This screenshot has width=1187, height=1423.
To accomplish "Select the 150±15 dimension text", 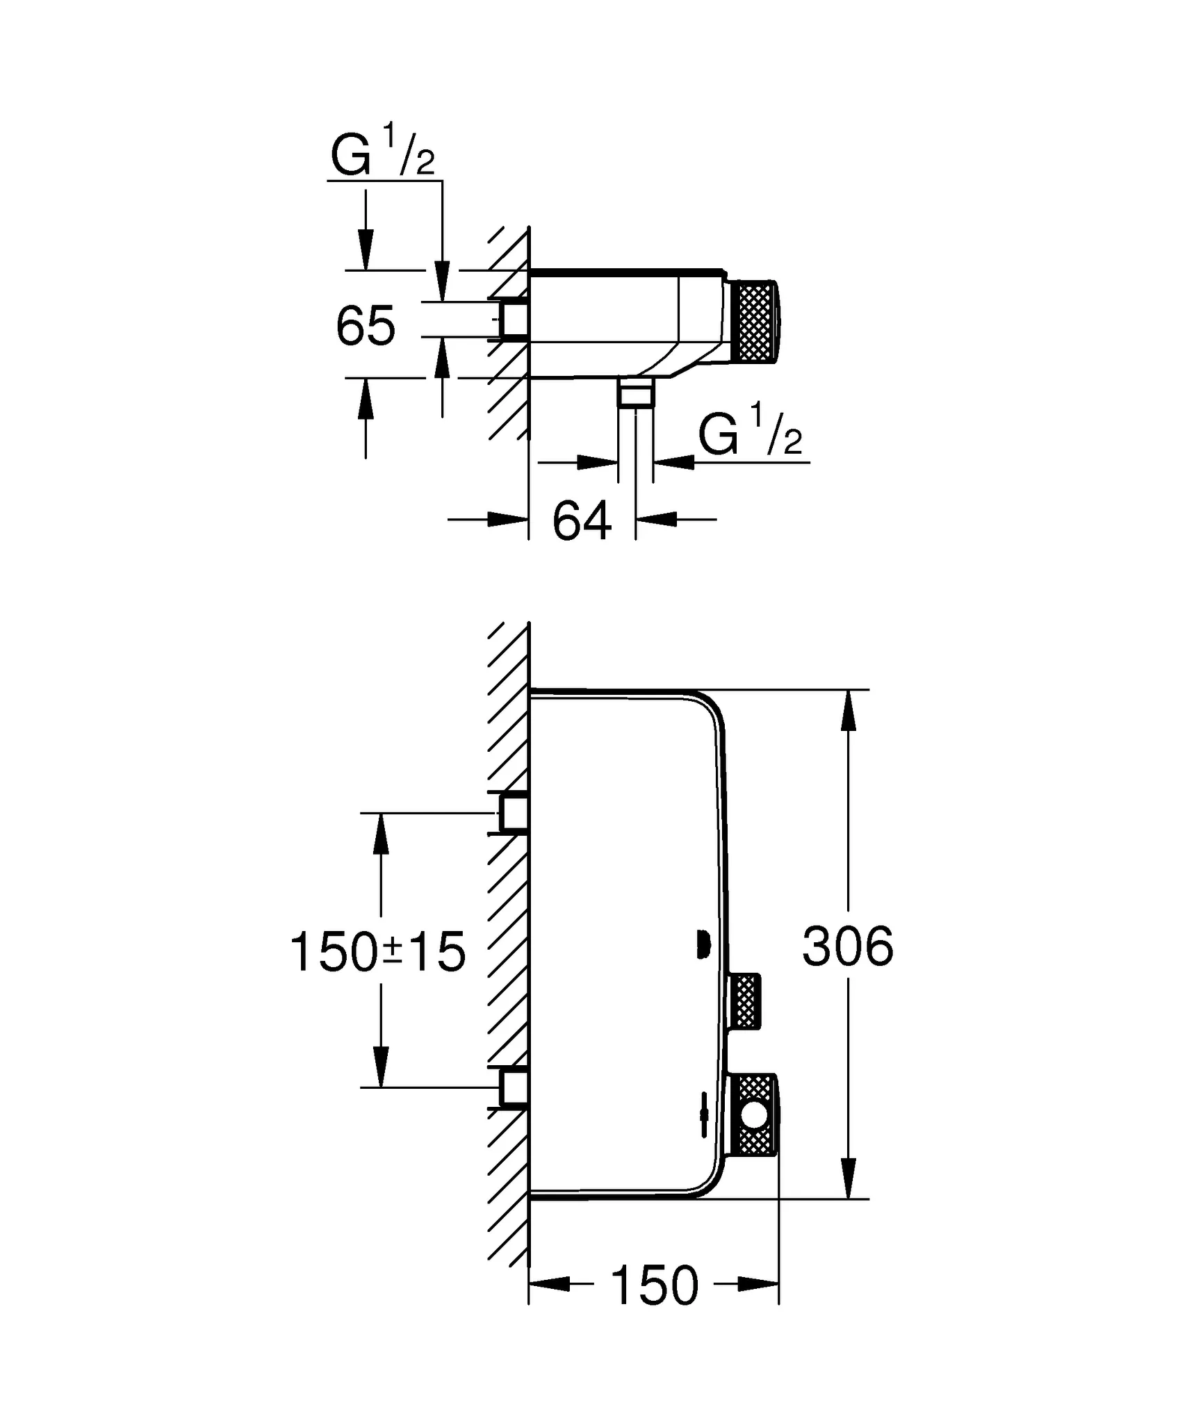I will [377, 952].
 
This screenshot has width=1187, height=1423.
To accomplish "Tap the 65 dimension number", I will [366, 325].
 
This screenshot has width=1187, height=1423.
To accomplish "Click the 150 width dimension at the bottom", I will [655, 1285].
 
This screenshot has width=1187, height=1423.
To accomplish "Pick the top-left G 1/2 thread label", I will [382, 156].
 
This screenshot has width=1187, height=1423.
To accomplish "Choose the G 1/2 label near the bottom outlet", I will [750, 436].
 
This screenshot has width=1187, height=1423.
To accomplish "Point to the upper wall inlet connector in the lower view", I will [513, 813].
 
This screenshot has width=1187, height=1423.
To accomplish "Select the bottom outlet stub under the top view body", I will [635, 393].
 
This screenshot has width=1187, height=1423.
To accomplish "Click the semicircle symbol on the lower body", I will [703, 946].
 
